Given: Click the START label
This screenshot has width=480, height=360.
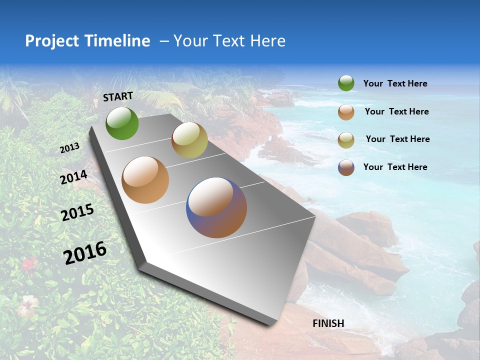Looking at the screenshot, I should [x=118, y=96].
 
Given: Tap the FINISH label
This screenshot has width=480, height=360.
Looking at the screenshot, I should [x=328, y=323].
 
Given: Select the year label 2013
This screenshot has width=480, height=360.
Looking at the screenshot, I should [x=70, y=148].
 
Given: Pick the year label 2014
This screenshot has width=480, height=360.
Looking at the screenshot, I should [x=74, y=177].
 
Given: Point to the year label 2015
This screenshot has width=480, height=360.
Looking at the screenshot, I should [x=77, y=212].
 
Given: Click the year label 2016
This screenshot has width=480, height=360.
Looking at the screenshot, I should [x=85, y=252].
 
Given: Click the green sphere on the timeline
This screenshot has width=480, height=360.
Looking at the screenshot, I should [x=122, y=123].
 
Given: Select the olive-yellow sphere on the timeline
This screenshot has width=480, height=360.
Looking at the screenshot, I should [x=189, y=140].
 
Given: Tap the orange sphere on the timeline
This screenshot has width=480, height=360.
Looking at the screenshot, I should [x=145, y=180].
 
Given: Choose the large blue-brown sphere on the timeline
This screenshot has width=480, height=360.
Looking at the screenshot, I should [x=216, y=207].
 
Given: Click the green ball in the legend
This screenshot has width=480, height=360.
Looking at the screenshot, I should [x=346, y=83].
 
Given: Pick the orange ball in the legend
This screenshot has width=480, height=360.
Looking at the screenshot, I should [x=346, y=112].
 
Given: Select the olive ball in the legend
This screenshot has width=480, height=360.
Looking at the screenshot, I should [x=346, y=140].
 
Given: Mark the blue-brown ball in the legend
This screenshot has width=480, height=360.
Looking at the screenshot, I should [x=346, y=167].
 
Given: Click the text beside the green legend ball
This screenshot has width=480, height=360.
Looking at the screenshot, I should [x=395, y=84].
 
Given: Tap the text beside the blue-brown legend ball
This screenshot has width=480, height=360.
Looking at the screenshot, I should [x=395, y=167].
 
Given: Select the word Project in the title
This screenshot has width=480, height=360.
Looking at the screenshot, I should [x=51, y=41].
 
